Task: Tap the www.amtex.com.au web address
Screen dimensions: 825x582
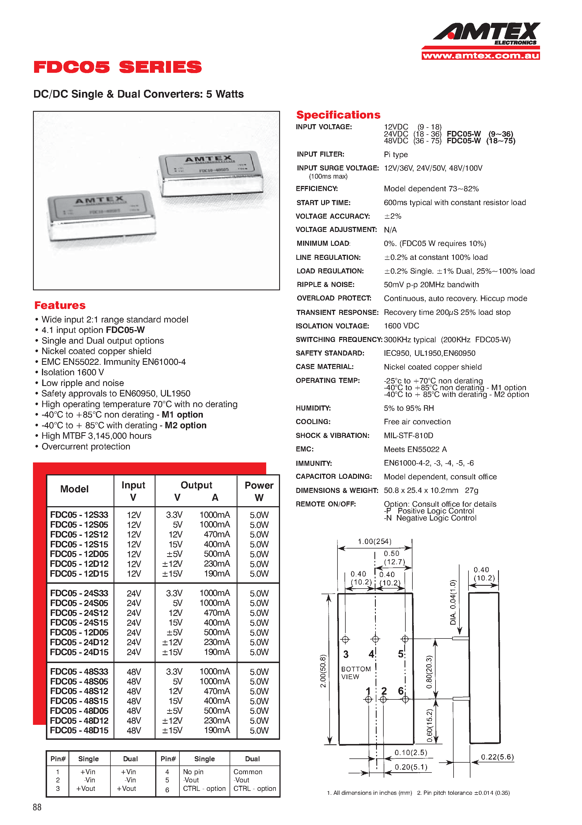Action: pos(481,56)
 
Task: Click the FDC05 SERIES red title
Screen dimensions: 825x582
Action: pos(118,67)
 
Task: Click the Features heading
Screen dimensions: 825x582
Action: pos(60,305)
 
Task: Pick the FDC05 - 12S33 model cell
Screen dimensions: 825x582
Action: pos(79,515)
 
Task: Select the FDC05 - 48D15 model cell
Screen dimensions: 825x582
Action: pos(79,730)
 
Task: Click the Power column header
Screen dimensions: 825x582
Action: pos(259,491)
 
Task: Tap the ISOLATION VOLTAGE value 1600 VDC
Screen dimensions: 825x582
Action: pos(401,326)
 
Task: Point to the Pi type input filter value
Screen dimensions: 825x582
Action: pos(396,155)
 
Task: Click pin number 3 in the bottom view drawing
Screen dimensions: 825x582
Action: pos(346,654)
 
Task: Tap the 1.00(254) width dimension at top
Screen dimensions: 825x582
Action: pos(374,541)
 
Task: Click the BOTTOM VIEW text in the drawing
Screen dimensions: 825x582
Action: pos(355,673)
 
